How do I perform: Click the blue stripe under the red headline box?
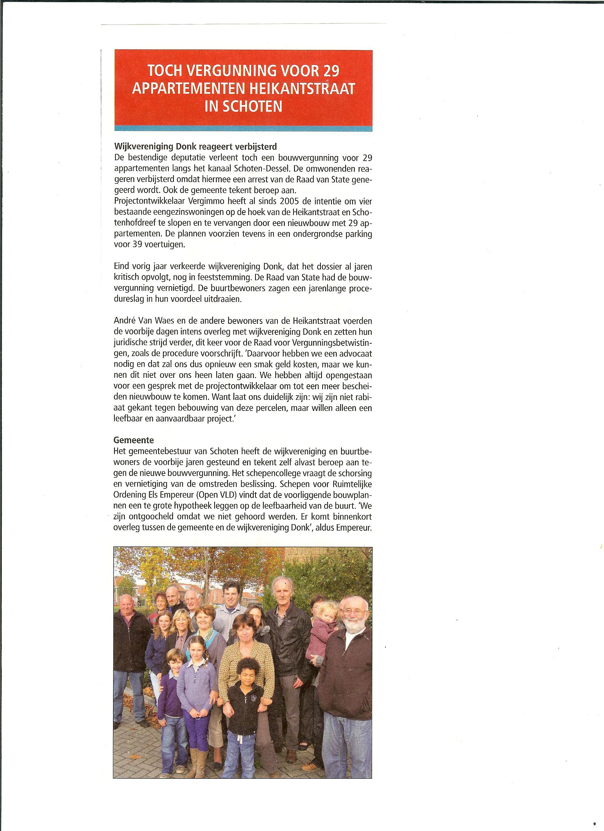point(243,128)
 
